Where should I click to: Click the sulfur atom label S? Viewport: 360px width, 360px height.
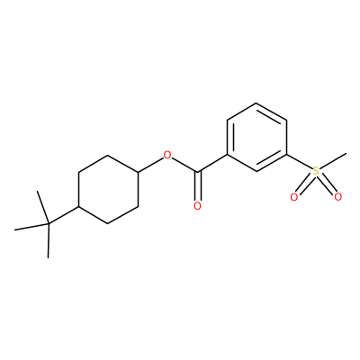click(x=316, y=172)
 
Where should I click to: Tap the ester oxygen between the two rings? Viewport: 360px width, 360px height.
click(x=167, y=155)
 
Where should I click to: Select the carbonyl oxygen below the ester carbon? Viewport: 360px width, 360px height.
click(x=197, y=206)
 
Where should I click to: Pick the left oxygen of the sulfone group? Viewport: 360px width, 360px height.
click(x=294, y=197)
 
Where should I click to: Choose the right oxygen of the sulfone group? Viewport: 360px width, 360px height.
click(x=337, y=197)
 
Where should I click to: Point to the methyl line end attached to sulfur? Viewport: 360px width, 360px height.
click(x=346, y=154)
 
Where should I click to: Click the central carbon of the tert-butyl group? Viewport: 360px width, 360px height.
click(x=49, y=224)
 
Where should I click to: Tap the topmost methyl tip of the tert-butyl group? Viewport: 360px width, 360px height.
click(x=37, y=191)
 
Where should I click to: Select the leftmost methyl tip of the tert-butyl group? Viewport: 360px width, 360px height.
click(x=14, y=230)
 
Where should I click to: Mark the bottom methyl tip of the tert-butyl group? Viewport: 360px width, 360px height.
click(x=48, y=257)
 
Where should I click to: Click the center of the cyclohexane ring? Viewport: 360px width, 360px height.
click(x=108, y=189)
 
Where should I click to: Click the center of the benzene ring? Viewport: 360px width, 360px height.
click(x=256, y=138)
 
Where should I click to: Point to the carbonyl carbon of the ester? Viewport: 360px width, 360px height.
click(x=197, y=172)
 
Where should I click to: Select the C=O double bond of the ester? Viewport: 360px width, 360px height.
click(x=197, y=186)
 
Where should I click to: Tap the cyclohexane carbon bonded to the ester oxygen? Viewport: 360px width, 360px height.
click(x=138, y=172)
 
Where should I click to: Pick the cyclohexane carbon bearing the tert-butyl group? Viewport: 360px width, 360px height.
click(x=78, y=207)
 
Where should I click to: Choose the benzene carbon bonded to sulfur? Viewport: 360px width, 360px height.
click(x=286, y=155)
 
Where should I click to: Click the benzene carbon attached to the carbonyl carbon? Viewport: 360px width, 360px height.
click(x=227, y=155)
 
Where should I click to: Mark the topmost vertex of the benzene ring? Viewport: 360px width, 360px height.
click(x=256, y=103)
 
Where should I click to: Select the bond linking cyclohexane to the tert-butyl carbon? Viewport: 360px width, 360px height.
click(x=63, y=215)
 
